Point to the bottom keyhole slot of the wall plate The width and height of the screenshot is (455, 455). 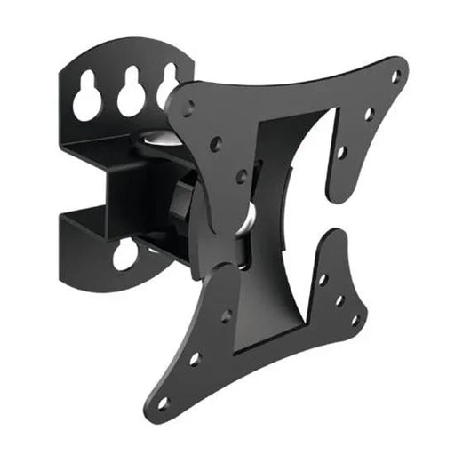(x=125, y=255)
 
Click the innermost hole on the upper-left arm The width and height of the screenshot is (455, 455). (x=241, y=176)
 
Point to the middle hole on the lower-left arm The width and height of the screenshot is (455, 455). (x=195, y=358)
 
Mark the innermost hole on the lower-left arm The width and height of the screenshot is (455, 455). (x=226, y=315)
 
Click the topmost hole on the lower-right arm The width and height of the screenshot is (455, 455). (x=323, y=280)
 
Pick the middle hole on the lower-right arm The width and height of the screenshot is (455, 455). (x=339, y=300)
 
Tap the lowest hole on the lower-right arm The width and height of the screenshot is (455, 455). (x=355, y=321)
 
